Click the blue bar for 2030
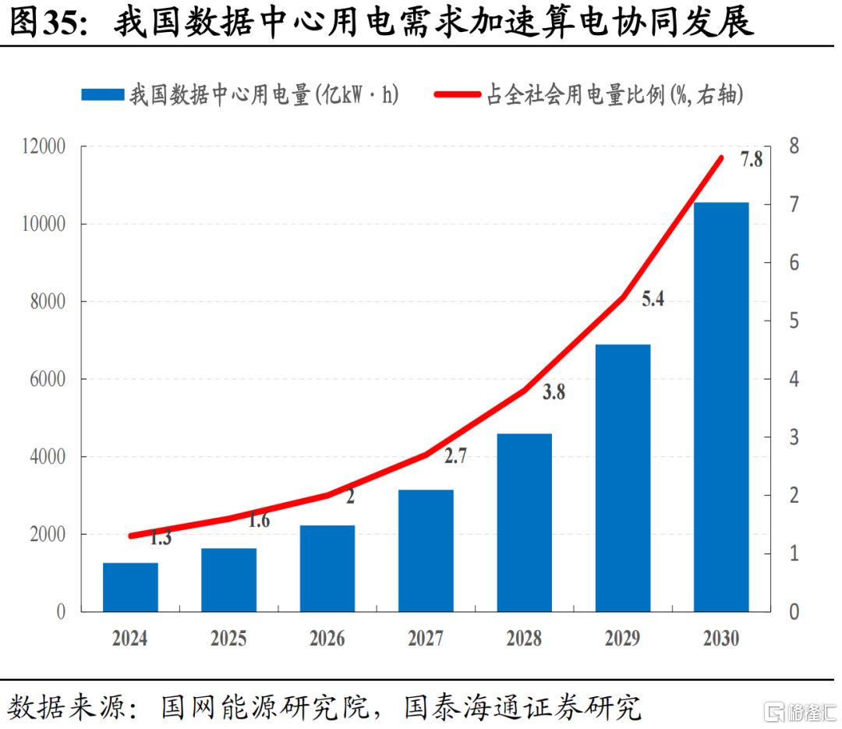(720, 407)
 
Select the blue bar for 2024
(130, 587)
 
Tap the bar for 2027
(426, 550)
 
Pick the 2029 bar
(623, 478)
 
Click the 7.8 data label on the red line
(752, 159)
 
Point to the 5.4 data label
(653, 299)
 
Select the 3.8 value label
(554, 392)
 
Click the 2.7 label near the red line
(455, 456)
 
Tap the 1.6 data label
(259, 520)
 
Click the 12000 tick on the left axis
(44, 146)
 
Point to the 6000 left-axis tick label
(48, 379)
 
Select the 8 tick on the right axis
(794, 146)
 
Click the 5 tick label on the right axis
(794, 320)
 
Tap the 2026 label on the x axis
(327, 639)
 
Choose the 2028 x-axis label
(524, 639)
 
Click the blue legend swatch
(103, 94)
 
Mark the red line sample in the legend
(458, 94)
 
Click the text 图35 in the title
(48, 23)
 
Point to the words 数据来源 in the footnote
(65, 707)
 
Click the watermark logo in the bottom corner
(800, 713)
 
